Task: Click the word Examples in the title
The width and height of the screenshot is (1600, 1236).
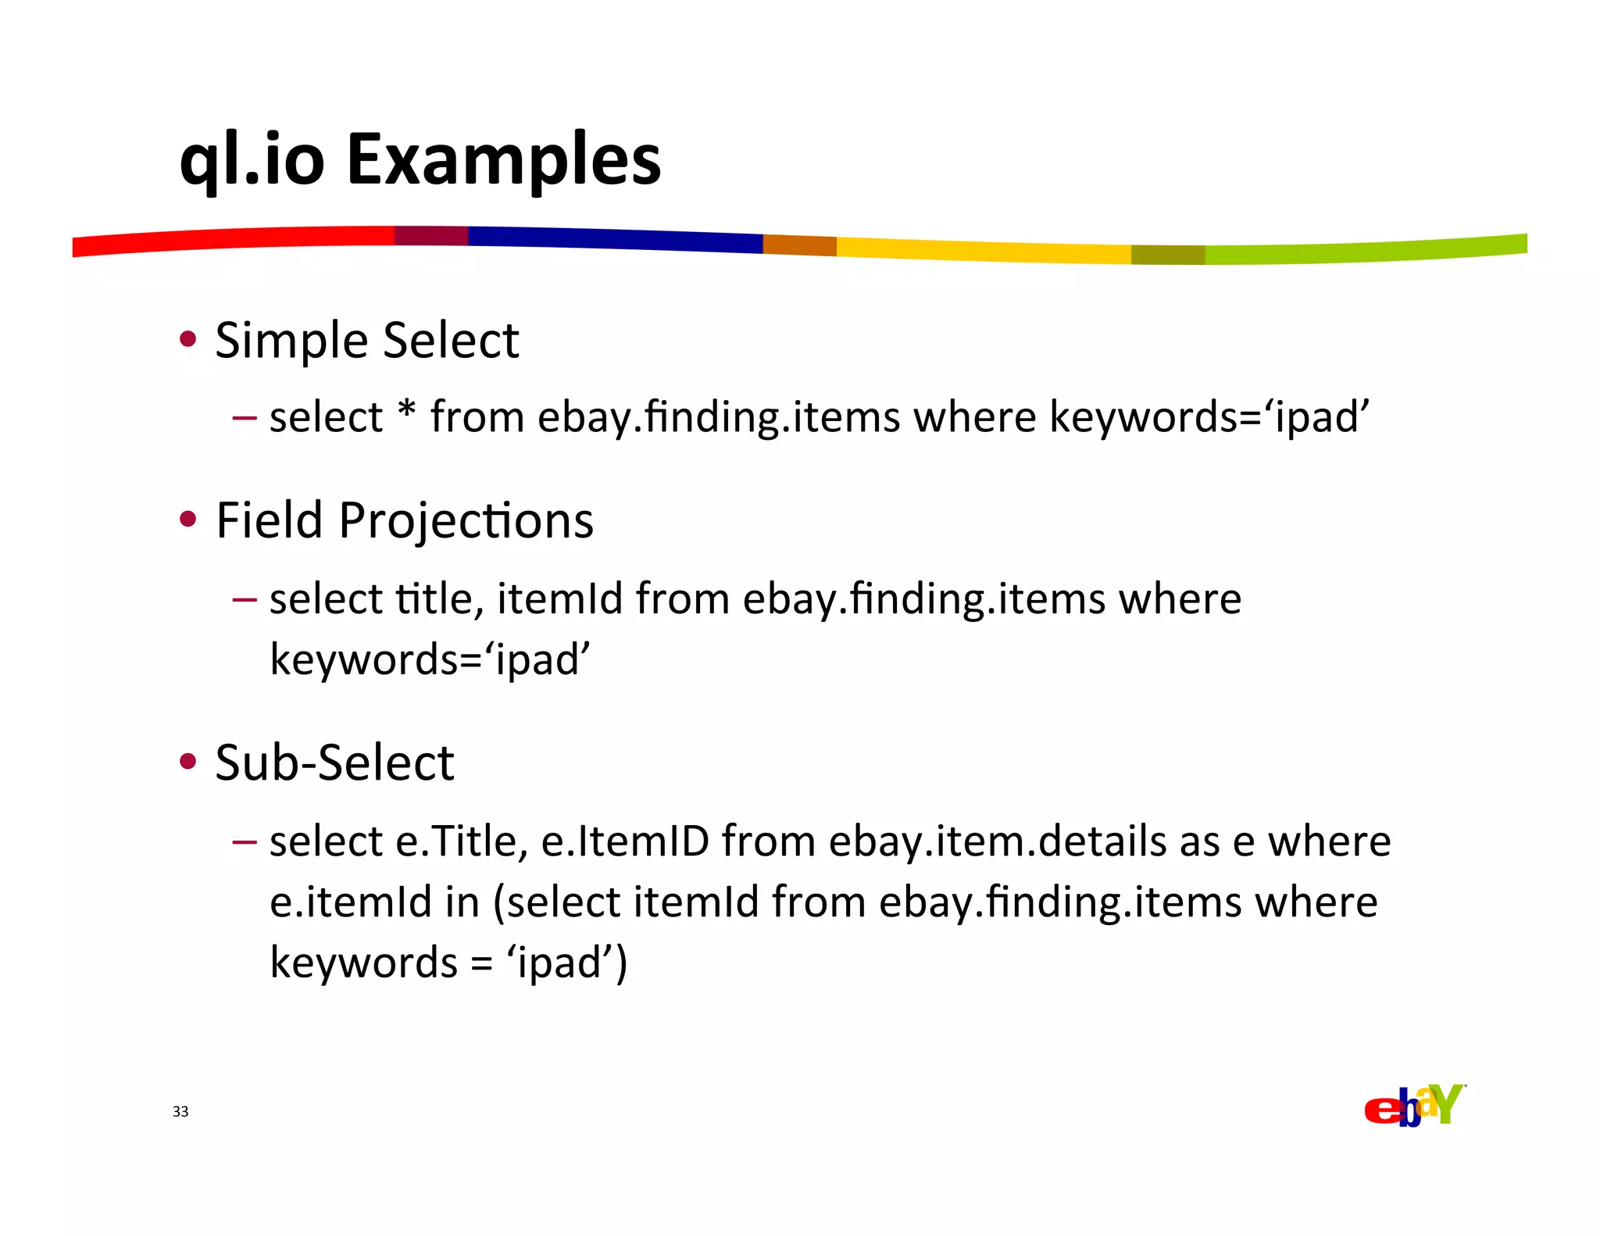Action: coord(503,160)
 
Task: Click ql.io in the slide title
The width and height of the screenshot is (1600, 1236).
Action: coord(252,160)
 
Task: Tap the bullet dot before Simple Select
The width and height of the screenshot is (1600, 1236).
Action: coord(187,339)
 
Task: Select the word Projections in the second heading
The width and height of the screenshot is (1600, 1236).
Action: coord(466,521)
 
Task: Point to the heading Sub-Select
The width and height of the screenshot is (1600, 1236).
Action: coord(334,763)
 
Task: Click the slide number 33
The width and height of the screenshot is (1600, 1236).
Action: coord(180,1111)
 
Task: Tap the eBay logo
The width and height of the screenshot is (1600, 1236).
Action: coord(1413,1106)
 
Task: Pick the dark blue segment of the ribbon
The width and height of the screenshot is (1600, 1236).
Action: coord(617,239)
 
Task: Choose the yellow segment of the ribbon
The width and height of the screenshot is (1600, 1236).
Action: coord(984,251)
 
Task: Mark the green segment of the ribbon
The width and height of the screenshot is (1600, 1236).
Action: coord(1367,250)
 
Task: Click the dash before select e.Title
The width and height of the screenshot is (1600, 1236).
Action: coord(244,842)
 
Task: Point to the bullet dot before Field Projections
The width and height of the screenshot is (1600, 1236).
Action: coord(187,520)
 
